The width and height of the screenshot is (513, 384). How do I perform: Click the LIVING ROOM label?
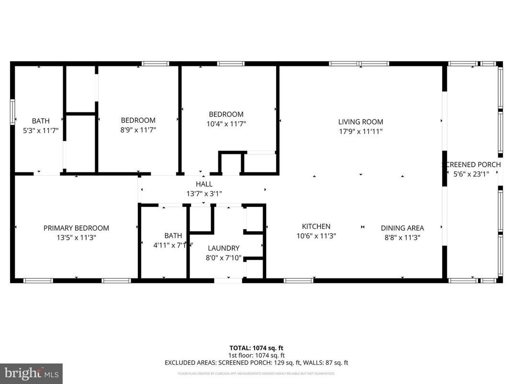click(360, 122)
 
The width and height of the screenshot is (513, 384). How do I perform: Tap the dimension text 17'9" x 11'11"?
click(360, 131)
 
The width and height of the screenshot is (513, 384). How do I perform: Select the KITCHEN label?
click(316, 226)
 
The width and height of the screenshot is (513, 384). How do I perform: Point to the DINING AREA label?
click(402, 228)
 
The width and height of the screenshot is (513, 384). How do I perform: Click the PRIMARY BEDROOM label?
click(76, 228)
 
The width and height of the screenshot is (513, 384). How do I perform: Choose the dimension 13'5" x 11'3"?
click(76, 237)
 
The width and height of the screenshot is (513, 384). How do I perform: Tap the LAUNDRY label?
click(223, 248)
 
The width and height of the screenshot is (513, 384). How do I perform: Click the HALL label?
click(204, 184)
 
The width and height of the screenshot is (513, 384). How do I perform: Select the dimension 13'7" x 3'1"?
click(204, 193)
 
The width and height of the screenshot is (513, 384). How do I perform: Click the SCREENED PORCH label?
click(471, 164)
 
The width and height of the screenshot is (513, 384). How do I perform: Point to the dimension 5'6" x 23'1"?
click(471, 174)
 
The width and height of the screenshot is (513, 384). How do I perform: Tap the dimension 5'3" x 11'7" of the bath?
click(40, 130)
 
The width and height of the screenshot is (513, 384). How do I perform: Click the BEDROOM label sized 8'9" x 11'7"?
click(138, 120)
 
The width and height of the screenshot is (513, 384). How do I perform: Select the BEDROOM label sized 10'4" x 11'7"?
click(226, 114)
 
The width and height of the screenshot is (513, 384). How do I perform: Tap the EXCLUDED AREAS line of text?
click(256, 363)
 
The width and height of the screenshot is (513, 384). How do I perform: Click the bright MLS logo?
click(31, 373)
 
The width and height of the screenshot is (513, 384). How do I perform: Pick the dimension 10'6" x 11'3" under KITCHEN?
click(316, 235)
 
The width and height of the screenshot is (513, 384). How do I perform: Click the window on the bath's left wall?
click(12, 111)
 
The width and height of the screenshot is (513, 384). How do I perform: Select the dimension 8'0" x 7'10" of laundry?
click(223, 258)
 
